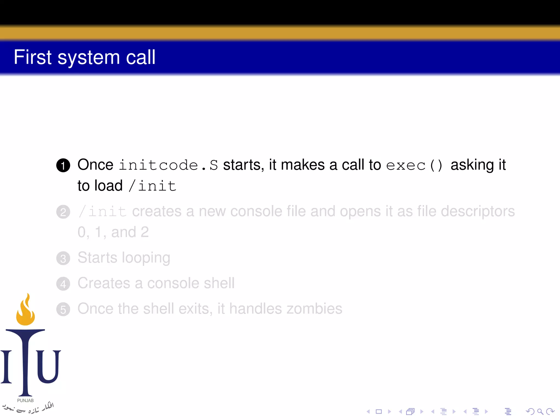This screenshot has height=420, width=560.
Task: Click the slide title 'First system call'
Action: [x=84, y=57]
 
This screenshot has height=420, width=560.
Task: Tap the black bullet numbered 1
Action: [x=63, y=165]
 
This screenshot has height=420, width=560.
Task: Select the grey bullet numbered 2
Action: [x=63, y=212]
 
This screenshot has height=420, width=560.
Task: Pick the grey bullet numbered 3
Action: [x=63, y=258]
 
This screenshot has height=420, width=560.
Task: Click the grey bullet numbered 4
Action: [x=63, y=284]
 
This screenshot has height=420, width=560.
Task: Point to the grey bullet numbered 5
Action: [x=63, y=310]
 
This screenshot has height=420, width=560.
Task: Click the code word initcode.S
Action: [x=168, y=165]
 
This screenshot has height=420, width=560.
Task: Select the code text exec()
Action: [x=414, y=165]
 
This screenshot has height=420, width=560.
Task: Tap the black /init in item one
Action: [x=153, y=186]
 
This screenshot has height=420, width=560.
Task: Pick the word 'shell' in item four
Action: [x=219, y=283]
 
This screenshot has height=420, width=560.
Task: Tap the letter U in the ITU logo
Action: [x=49, y=366]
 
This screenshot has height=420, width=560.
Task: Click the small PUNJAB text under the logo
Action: [x=25, y=401]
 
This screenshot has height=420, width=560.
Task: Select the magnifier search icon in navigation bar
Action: [x=540, y=412]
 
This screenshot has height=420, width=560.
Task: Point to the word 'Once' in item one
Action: [x=95, y=165]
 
